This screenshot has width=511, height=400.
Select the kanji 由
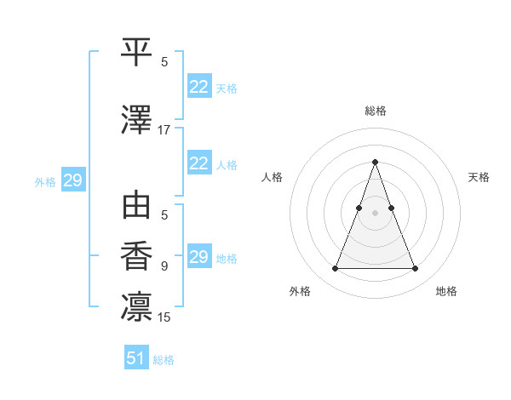[136, 208]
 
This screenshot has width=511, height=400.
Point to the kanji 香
[136, 256]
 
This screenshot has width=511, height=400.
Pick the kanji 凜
[136, 306]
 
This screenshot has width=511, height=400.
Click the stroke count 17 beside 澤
[164, 130]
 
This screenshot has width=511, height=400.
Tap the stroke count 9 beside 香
[164, 266]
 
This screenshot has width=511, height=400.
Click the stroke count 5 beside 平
[164, 61]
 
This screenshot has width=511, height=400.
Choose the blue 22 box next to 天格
[198, 87]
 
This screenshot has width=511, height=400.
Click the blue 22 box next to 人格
[198, 163]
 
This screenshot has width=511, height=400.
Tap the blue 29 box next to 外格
[72, 180]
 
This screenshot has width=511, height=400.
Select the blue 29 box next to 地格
[198, 257]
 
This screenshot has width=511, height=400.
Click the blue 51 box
[136, 358]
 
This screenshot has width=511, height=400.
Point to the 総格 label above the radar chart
[375, 111]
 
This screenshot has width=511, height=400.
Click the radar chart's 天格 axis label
[479, 177]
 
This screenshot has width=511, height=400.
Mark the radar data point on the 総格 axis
[375, 163]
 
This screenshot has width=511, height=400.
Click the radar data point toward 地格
[415, 269]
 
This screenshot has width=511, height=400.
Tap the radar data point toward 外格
[335, 269]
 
